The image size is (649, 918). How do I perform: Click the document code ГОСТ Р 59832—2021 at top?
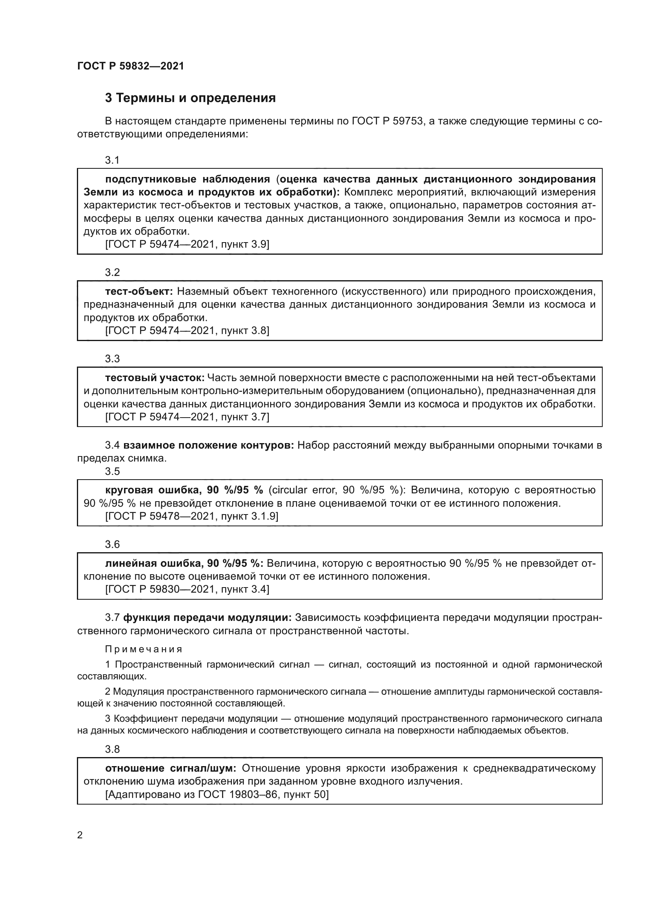[130, 66]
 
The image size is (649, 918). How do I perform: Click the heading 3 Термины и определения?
[190, 98]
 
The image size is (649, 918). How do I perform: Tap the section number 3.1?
[112, 161]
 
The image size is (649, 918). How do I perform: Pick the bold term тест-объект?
[139, 292]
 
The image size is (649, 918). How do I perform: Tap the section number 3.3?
[112, 359]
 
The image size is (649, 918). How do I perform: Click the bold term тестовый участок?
[155, 378]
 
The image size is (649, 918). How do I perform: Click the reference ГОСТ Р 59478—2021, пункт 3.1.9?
[191, 516]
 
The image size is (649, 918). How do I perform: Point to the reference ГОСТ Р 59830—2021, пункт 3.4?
[187, 589]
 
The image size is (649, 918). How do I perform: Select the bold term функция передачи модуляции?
[207, 618]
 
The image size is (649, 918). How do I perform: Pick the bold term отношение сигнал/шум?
[171, 768]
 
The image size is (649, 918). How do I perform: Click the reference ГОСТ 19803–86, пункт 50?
[217, 794]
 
